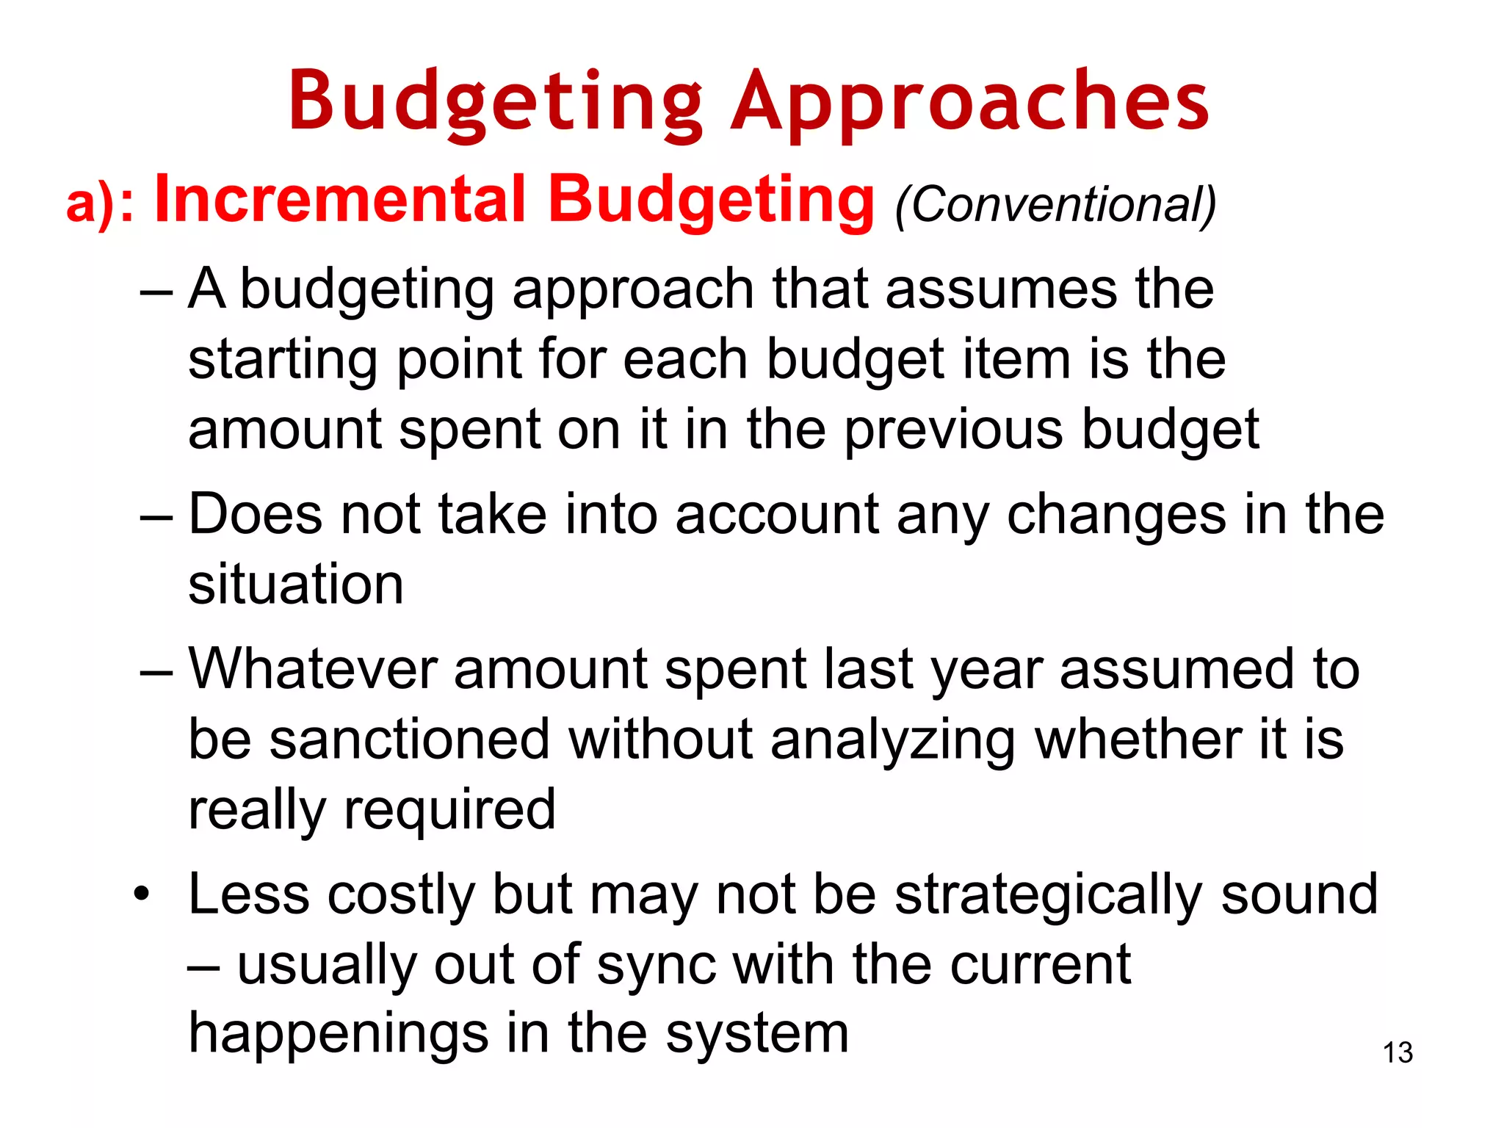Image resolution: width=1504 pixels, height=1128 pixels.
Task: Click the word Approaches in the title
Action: point(969,101)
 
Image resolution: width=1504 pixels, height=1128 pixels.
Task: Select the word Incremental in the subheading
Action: point(341,200)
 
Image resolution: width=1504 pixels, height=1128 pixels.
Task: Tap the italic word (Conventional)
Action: point(1055,204)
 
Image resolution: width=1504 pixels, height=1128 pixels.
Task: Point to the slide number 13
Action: point(1398,1053)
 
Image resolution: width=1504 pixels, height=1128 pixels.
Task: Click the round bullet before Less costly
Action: point(141,894)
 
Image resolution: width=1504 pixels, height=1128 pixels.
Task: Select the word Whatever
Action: point(312,669)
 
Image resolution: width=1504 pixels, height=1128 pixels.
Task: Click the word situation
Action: point(296,585)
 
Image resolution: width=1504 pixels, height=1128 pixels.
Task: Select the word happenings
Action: point(339,1035)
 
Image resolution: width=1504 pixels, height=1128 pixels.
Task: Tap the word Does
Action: point(255,514)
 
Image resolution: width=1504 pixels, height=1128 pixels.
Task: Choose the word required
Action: point(449,811)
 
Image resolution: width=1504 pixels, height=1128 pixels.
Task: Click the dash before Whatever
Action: point(156,670)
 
